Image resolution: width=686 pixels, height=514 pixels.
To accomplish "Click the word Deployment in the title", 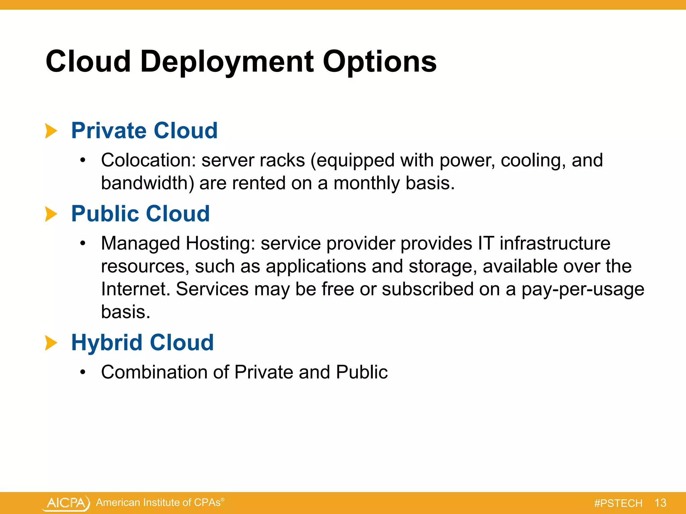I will click(227, 62).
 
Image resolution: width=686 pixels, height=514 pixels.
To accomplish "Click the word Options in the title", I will click(379, 62).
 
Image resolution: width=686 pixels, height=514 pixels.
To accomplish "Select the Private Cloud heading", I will click(144, 131).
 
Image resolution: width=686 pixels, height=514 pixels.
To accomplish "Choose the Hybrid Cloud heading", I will click(142, 343).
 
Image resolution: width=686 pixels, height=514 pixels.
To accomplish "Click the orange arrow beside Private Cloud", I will click(51, 131).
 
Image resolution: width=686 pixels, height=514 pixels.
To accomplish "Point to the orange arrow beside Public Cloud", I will click(51, 214).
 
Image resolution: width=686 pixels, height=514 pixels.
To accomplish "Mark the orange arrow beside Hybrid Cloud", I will click(51, 343).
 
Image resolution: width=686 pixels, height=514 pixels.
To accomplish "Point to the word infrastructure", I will click(555, 243).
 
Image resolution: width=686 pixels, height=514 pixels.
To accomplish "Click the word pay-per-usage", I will click(582, 289).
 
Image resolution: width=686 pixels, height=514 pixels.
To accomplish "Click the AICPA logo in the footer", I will click(66, 503).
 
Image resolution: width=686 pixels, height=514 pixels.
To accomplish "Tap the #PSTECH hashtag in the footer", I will click(618, 503).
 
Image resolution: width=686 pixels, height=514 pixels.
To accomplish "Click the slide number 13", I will click(660, 503).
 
